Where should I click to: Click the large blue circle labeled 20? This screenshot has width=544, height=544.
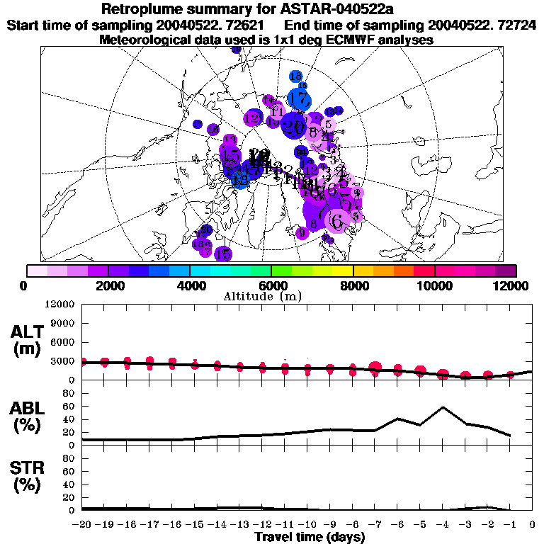pos(293,127)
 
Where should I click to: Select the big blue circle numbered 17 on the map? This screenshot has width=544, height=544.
pos(300,98)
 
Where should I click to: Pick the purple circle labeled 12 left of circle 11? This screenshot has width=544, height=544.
pos(253,118)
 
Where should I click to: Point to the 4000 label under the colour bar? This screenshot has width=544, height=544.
pos(189,285)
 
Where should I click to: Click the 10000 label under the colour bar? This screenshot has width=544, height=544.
pos(433,285)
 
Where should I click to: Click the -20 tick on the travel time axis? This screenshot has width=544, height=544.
pos(82,524)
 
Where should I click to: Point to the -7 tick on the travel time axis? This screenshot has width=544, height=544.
pos(375,524)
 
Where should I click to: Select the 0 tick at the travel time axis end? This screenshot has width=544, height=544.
pos(533,524)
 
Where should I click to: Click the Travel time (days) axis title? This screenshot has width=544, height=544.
pos(310,537)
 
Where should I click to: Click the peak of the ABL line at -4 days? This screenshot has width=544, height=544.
pos(443,407)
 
